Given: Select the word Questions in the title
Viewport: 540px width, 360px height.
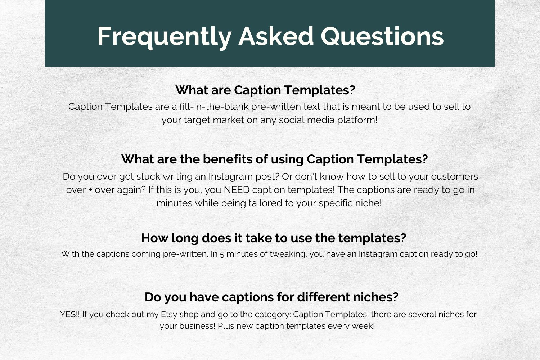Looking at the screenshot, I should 382,37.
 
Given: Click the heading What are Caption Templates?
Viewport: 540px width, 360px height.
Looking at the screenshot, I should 265,90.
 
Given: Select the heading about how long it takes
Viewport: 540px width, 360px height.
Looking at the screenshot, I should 274,238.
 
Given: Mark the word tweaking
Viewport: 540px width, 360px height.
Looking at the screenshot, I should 288,254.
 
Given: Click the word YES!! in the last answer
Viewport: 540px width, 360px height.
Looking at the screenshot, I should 70,314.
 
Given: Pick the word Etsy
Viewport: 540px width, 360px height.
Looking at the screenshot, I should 169,315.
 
